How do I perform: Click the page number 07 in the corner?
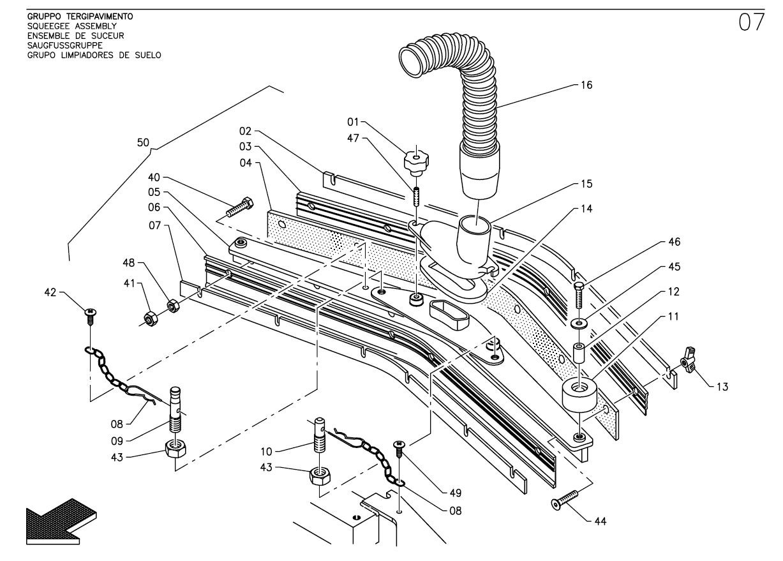pos(752,22)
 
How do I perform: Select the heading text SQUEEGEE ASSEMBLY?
pos(72,26)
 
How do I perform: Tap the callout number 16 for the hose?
pos(586,86)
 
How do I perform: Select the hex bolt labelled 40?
pos(240,207)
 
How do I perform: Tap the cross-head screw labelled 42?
pos(91,317)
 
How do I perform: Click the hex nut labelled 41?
pos(151,318)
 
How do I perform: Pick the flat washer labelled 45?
pos(579,324)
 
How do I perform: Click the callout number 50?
pos(143,142)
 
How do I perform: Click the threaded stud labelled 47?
pos(416,197)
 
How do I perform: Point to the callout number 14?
pos(586,209)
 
